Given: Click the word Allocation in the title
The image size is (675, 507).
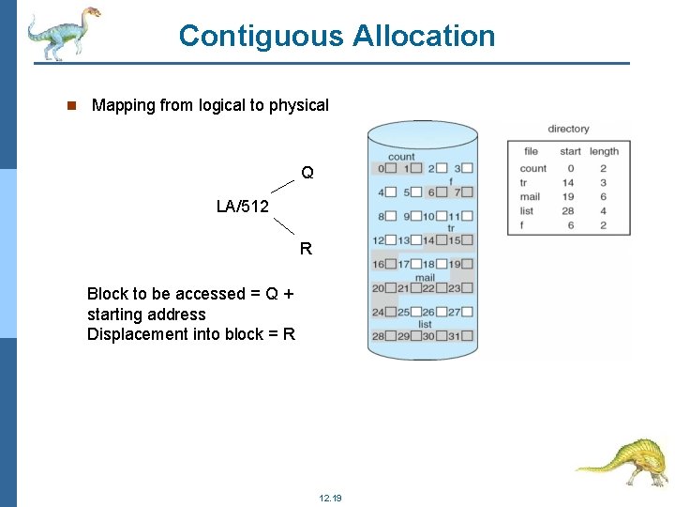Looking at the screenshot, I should coord(424,36).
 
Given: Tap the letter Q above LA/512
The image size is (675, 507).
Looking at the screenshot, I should coord(307,173).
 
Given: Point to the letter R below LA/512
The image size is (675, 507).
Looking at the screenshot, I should coord(306,249).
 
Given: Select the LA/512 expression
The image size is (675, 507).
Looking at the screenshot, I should coord(242,207).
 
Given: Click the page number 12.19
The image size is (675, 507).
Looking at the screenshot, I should coord(330,498).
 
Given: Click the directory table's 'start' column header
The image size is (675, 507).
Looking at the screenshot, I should coord(570,151).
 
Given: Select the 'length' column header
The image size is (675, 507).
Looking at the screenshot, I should coord(604,151).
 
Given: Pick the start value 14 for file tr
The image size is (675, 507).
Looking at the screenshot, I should coord(568,183).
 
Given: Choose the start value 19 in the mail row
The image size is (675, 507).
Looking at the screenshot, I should coord(568,197).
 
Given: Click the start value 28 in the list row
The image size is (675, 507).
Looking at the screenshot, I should coord(568,211).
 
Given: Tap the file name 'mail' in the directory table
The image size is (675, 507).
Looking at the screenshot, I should coord(530,197).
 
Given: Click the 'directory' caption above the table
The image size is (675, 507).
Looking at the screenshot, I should coord(568,129).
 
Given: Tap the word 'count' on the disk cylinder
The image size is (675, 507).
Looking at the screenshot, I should coord(401,157).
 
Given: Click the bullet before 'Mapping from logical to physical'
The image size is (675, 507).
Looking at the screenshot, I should coord(70,105).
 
